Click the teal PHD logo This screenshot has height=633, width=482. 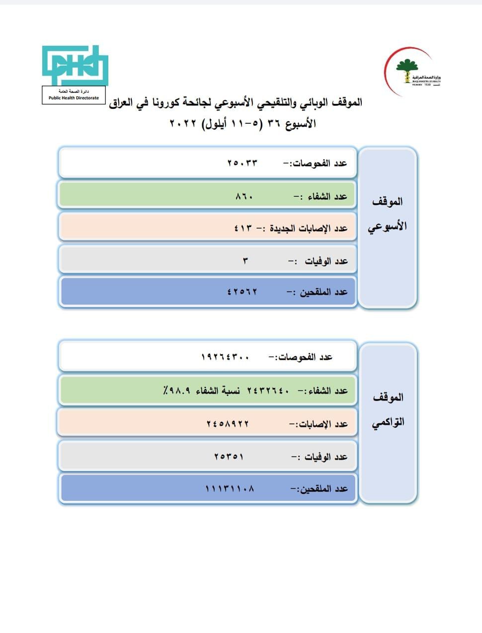coord(74,65)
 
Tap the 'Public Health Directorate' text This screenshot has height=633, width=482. coord(74,98)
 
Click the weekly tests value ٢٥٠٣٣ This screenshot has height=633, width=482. coord(242,163)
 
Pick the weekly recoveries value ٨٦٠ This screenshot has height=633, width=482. coord(244,196)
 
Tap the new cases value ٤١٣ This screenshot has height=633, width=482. coord(243,228)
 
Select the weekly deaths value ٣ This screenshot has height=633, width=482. coord(245,261)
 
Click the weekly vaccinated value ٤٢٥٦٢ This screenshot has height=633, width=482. coord(242,292)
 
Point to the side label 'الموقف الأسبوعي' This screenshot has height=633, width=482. coord(387,214)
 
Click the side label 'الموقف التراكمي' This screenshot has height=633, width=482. coord(388,409)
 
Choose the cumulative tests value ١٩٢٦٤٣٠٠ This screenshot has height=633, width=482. coord(225,357)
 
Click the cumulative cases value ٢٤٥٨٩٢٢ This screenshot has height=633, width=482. coord(228,424)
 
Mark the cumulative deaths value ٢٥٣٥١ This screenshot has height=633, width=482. coord(229,457)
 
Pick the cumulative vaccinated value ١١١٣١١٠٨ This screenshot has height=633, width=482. coord(230,488)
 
